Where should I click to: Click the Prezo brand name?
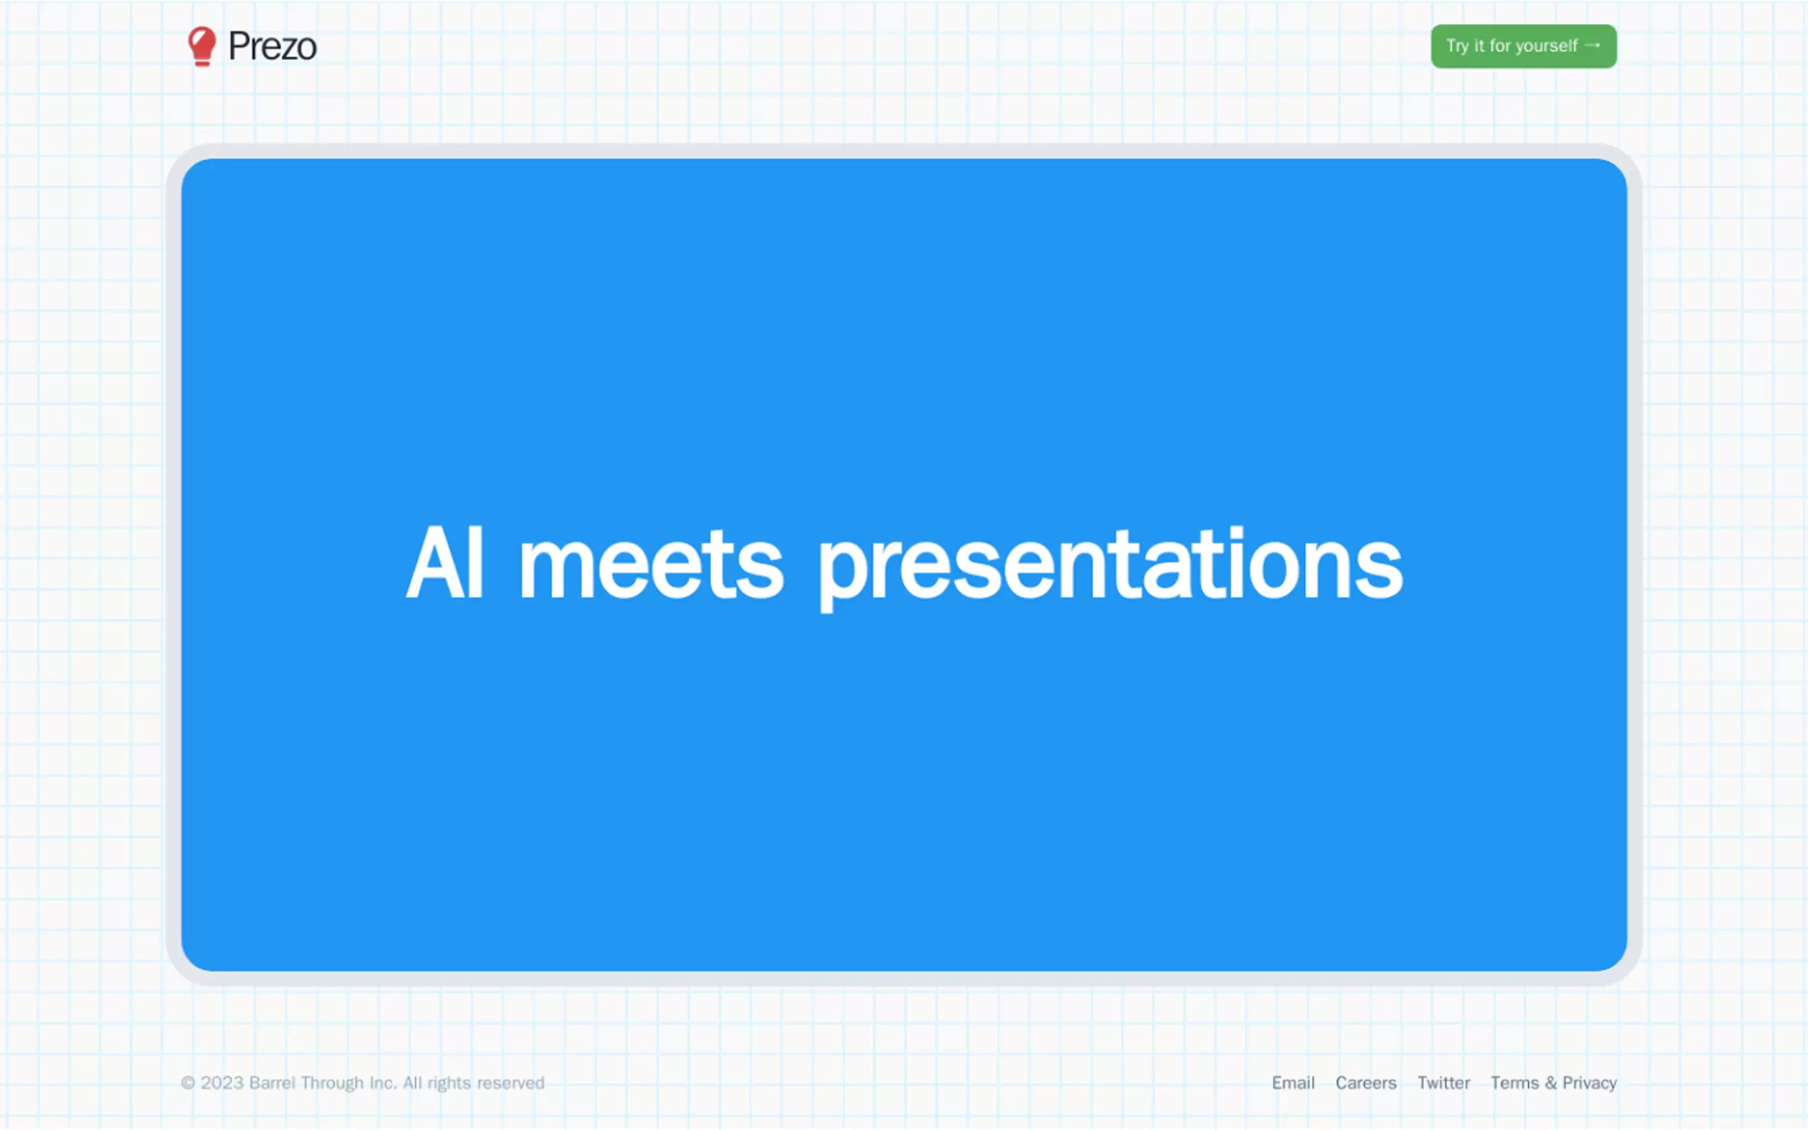[272, 47]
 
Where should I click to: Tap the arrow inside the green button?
[1592, 46]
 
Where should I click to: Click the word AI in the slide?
[445, 562]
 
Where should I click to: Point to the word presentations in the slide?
[1110, 568]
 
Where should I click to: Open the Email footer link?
[1293, 1083]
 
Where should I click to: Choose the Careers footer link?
[1365, 1083]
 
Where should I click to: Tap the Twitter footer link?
[1444, 1083]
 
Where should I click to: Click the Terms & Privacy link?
[1553, 1083]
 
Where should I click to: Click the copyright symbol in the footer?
[189, 1083]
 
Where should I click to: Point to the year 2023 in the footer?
[222, 1083]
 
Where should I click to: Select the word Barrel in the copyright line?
[272, 1083]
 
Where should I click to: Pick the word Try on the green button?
[1458, 46]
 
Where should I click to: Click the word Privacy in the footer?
[1589, 1084]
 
